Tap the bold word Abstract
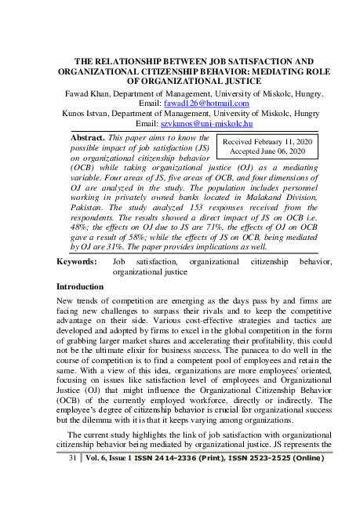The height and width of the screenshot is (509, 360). pos(88,136)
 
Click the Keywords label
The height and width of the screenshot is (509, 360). pos(78,262)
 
